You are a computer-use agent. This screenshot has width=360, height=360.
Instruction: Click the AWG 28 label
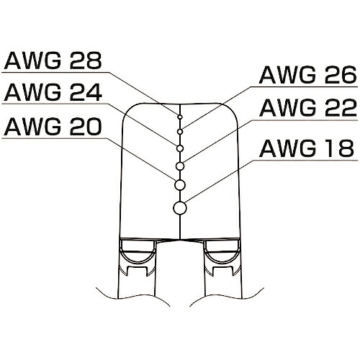tap(53, 60)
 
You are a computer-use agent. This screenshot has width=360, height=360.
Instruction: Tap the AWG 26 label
tap(308, 75)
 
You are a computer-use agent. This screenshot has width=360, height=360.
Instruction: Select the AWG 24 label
tap(53, 92)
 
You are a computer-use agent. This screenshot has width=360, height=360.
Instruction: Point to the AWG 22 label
tap(308, 108)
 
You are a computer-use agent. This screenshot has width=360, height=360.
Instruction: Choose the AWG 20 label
tap(53, 126)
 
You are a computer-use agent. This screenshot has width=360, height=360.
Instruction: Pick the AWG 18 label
tap(307, 148)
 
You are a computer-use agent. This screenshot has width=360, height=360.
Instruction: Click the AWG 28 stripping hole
tap(180, 117)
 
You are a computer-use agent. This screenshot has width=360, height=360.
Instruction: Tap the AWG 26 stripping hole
tap(180, 132)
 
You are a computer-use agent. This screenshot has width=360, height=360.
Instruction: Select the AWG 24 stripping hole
tap(180, 148)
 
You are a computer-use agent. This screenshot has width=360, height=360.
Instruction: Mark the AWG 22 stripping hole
tap(180, 166)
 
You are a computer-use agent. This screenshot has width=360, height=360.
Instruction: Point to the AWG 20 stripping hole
tap(180, 185)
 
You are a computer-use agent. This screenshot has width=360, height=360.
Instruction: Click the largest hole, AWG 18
tap(180, 208)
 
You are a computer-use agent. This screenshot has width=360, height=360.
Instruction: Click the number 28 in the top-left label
tap(86, 60)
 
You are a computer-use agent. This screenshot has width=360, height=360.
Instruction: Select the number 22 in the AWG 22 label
tap(341, 108)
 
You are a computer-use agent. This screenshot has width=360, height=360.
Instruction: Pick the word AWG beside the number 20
tap(33, 126)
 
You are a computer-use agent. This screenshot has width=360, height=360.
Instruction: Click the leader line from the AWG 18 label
tap(220, 181)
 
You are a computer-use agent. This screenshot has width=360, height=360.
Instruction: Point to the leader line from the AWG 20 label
tap(141, 159)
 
